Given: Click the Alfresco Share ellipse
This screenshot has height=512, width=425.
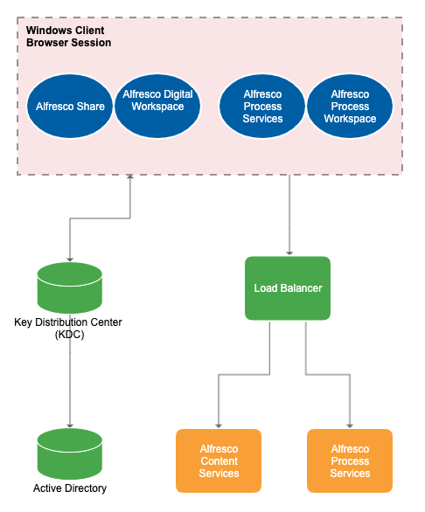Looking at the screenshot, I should tap(70, 107).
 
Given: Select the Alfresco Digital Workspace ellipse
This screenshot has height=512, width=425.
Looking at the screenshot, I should tap(158, 107).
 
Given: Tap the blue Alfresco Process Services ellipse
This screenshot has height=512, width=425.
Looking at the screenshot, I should tap(262, 107).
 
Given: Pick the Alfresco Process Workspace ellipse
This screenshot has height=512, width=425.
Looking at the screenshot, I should tap(350, 107).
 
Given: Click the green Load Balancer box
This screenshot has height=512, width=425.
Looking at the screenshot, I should tap(288, 287).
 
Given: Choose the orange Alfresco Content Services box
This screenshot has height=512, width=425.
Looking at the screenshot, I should tap(219, 460).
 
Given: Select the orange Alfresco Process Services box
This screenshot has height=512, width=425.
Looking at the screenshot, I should tap(350, 460).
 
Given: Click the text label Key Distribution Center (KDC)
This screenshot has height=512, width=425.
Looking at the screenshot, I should tap(68, 328).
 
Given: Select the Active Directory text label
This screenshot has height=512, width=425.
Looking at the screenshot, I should tap(70, 488).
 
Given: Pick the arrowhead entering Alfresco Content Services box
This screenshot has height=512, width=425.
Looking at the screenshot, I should tap(219, 425).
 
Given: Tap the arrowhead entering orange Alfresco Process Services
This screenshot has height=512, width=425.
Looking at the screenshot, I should tap(350, 425).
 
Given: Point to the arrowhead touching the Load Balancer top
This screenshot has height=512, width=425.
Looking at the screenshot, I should tap(288, 252).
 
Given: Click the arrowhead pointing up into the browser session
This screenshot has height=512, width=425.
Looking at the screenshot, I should tap(129, 178).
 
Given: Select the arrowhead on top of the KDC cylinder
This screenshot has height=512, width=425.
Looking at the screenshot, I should tap(69, 257).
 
